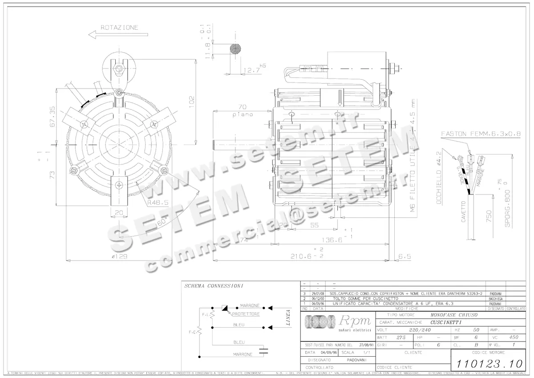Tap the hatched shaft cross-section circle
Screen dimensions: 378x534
coord(235,49)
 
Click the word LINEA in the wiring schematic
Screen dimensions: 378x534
coord(287,318)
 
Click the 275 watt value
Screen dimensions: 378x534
coord(401,337)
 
